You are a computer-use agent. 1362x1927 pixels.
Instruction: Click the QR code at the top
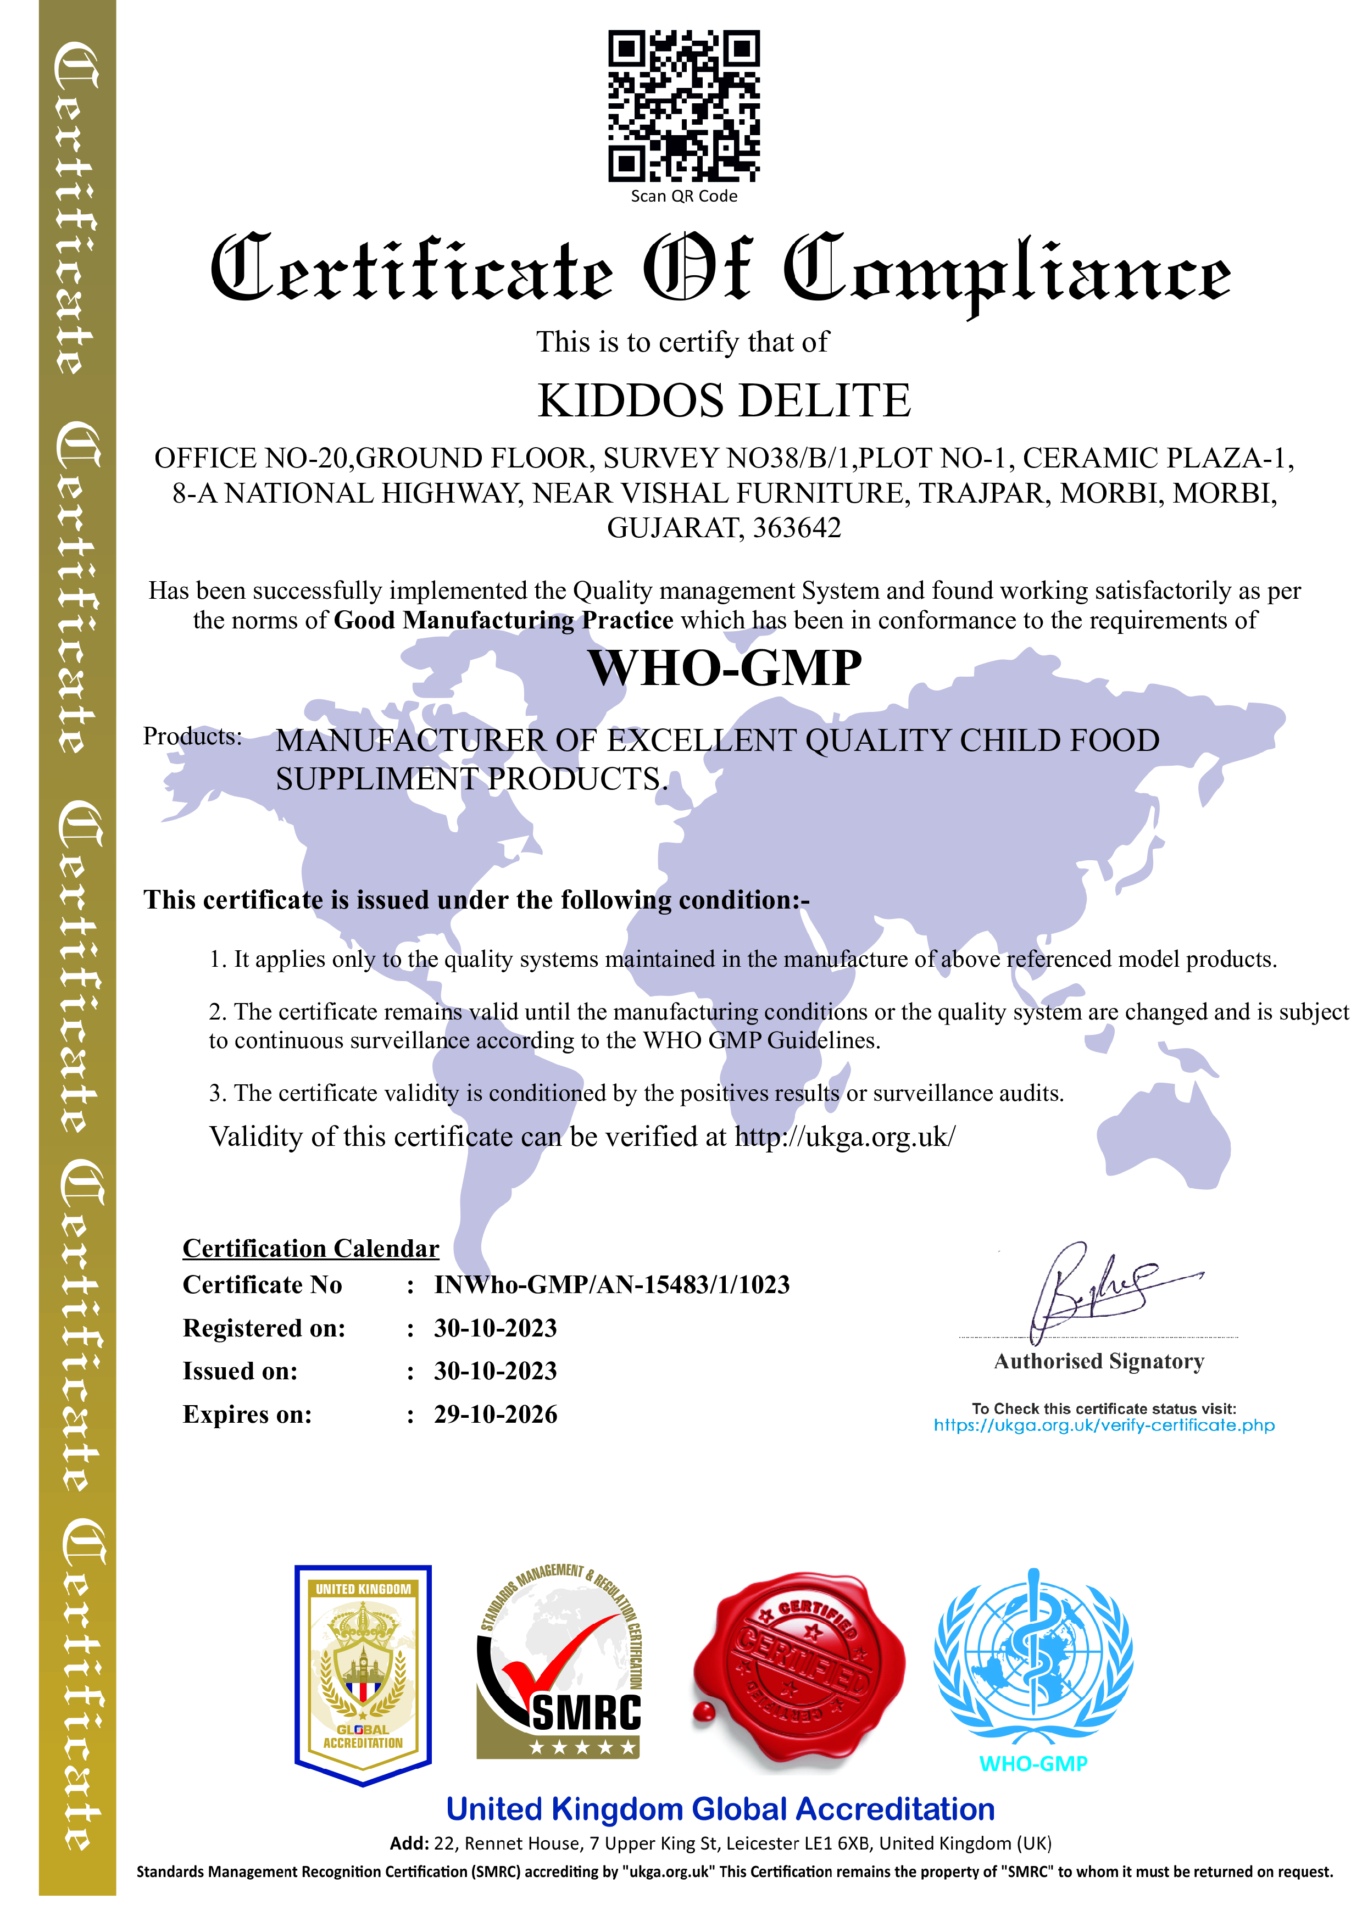click(x=684, y=106)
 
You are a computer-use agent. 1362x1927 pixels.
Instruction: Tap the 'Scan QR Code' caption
click(x=684, y=197)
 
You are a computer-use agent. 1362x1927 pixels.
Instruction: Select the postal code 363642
click(x=797, y=528)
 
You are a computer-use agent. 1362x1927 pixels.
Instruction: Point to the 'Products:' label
click(x=192, y=736)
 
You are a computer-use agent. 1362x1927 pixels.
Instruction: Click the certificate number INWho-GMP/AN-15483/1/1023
click(x=611, y=1285)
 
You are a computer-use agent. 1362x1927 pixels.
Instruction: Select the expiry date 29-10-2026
click(x=495, y=1415)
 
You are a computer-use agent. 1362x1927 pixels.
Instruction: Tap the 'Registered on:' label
click(x=264, y=1329)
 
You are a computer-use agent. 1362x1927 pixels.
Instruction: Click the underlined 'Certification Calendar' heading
click(x=310, y=1249)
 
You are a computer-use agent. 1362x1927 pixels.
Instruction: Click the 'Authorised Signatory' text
click(x=1098, y=1361)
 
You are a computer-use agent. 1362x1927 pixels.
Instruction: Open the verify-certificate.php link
click(x=1104, y=1425)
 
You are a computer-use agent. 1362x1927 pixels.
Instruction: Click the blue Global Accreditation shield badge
click(x=363, y=1674)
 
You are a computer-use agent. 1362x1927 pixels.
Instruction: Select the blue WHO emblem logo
click(x=1033, y=1658)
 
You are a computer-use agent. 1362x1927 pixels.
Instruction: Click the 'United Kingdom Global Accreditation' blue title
click(x=720, y=1809)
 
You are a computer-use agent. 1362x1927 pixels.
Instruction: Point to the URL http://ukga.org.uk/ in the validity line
click(x=844, y=1137)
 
